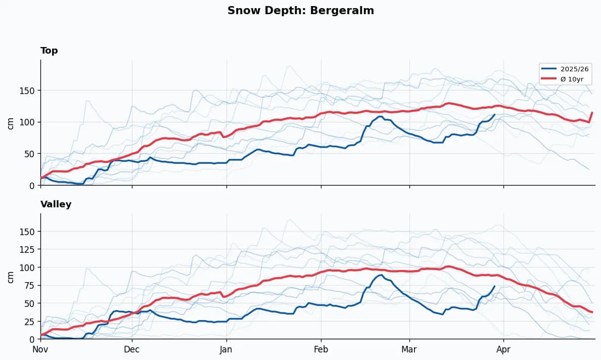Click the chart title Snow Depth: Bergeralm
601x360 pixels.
pyautogui.click(x=301, y=11)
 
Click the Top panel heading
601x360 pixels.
pyautogui.click(x=49, y=51)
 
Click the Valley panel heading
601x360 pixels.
pyautogui.click(x=56, y=204)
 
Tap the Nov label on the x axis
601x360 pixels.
pyautogui.click(x=40, y=349)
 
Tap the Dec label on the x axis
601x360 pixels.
pyautogui.click(x=131, y=349)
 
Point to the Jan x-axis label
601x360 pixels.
pyautogui.click(x=226, y=349)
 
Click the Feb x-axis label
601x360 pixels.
pyautogui.click(x=320, y=349)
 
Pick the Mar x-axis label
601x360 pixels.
pyautogui.click(x=409, y=349)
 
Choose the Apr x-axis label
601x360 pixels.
pyautogui.click(x=503, y=349)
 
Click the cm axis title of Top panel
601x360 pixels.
pyautogui.click(x=11, y=123)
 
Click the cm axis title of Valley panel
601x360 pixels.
pyautogui.click(x=11, y=277)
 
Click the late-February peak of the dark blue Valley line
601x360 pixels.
pyautogui.click(x=381, y=275)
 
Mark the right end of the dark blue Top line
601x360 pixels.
pyautogui.click(x=494, y=115)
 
